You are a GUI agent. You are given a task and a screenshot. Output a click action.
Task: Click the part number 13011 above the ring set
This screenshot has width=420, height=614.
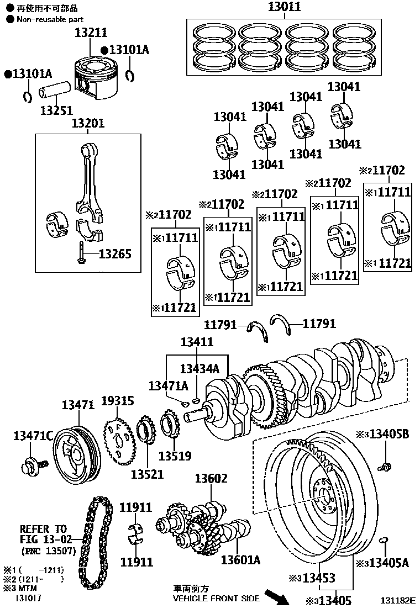[285, 7]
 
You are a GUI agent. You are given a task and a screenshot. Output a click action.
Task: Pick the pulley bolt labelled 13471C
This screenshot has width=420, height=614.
[29, 465]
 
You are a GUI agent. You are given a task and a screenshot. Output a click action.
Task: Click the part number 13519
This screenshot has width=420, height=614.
[175, 456]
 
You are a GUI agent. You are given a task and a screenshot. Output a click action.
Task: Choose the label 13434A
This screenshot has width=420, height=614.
[199, 368]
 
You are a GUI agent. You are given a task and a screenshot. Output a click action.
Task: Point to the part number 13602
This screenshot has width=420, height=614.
[211, 478]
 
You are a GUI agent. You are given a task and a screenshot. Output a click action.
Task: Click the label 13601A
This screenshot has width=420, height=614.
[240, 560]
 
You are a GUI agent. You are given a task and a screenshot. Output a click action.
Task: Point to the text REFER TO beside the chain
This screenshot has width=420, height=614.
[43, 528]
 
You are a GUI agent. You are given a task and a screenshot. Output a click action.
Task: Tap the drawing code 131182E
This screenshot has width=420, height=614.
[397, 599]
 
